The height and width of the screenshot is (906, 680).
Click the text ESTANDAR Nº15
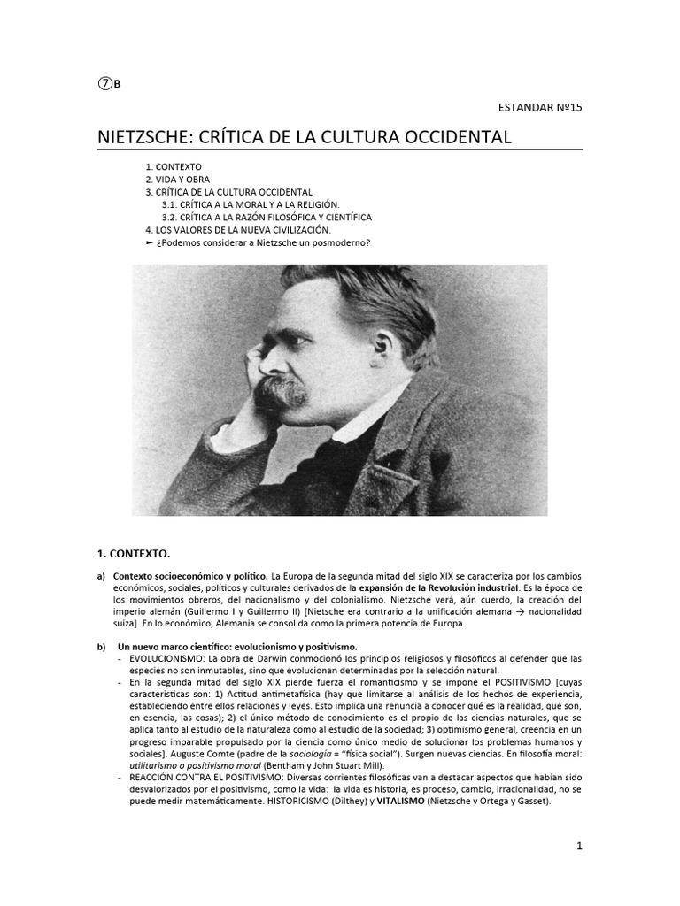540,108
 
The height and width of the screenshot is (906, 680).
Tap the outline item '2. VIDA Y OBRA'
178,180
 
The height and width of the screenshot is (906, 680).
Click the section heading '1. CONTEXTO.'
133,553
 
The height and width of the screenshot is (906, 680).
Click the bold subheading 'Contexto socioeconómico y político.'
189,576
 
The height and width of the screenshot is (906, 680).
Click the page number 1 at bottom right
579,846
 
